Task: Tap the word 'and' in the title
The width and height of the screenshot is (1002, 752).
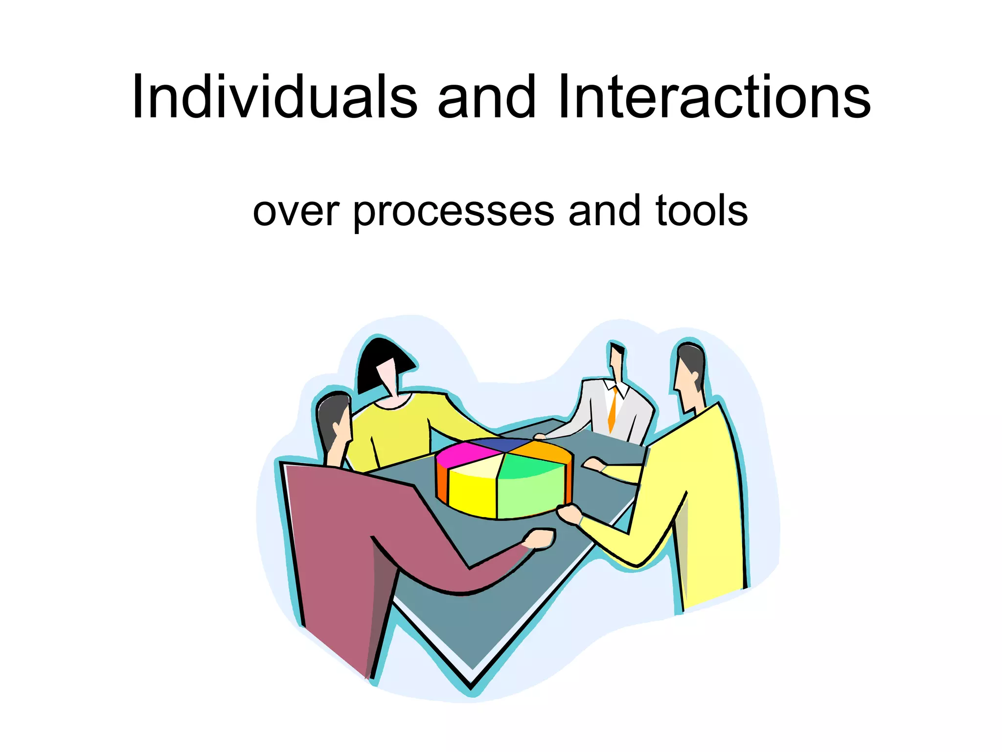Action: [x=486, y=98]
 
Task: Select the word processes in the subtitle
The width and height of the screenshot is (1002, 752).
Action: [x=454, y=211]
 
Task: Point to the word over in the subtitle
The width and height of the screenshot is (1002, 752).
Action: [x=296, y=211]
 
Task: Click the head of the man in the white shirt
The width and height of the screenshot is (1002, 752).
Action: [x=617, y=360]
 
